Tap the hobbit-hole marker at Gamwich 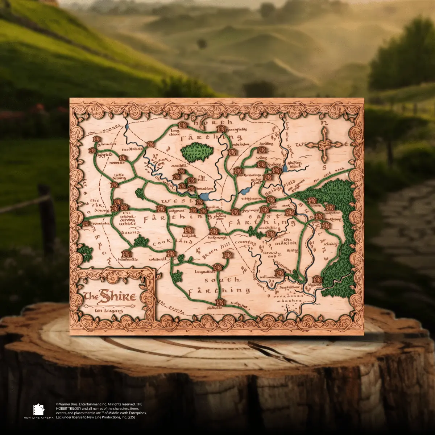[x=96, y=139]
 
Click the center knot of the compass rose [x=324, y=145]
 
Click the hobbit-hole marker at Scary [x=261, y=165]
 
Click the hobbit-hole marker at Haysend [x=317, y=279]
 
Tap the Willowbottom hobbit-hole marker [x=279, y=272]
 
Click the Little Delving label [x=120, y=177]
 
